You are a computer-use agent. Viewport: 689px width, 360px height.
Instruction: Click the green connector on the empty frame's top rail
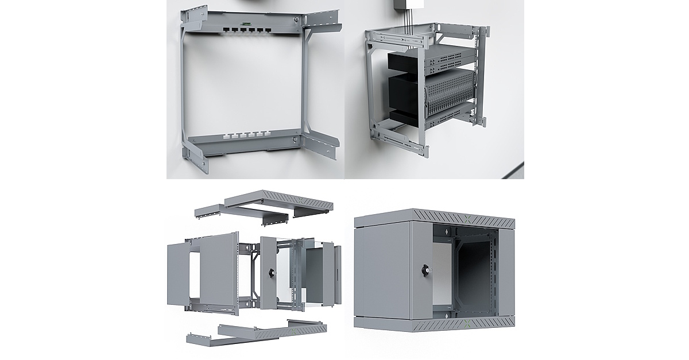tap(246, 24)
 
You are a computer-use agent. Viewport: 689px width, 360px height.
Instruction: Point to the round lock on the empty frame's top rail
tap(295, 21)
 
